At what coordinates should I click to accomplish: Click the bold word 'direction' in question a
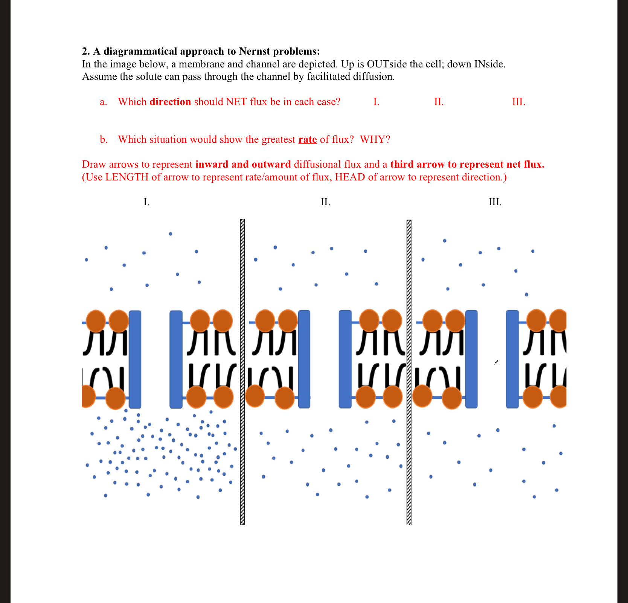click(x=170, y=102)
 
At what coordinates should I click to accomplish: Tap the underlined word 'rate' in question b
click(x=308, y=140)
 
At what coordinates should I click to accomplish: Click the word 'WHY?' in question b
click(x=375, y=140)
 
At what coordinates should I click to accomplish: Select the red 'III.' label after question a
click(x=518, y=102)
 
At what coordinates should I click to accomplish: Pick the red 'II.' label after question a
click(x=439, y=102)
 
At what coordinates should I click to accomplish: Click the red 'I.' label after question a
click(x=376, y=102)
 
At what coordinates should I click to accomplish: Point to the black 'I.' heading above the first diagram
click(x=146, y=202)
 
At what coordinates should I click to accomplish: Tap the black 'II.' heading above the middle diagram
click(x=325, y=202)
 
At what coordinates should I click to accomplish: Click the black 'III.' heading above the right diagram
click(x=495, y=202)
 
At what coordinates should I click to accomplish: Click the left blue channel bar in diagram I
click(x=135, y=359)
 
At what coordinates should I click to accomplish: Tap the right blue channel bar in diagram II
click(x=345, y=359)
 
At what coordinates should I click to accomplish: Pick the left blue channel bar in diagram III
click(x=471, y=359)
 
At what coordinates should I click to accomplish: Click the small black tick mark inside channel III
click(x=496, y=362)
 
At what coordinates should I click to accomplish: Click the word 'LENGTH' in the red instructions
click(x=127, y=177)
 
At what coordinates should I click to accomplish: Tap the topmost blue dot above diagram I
click(x=171, y=234)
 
